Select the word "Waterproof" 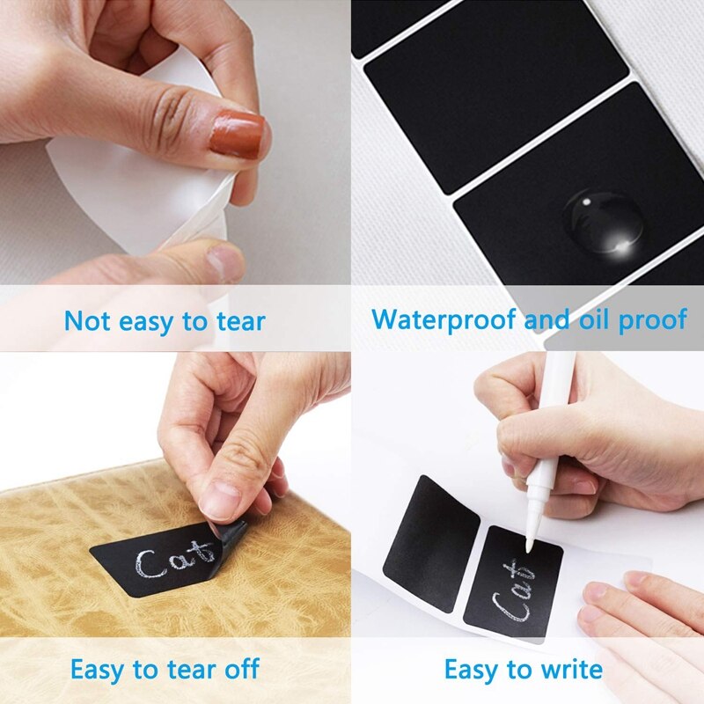(x=444, y=319)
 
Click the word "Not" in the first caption (x=87, y=321)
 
